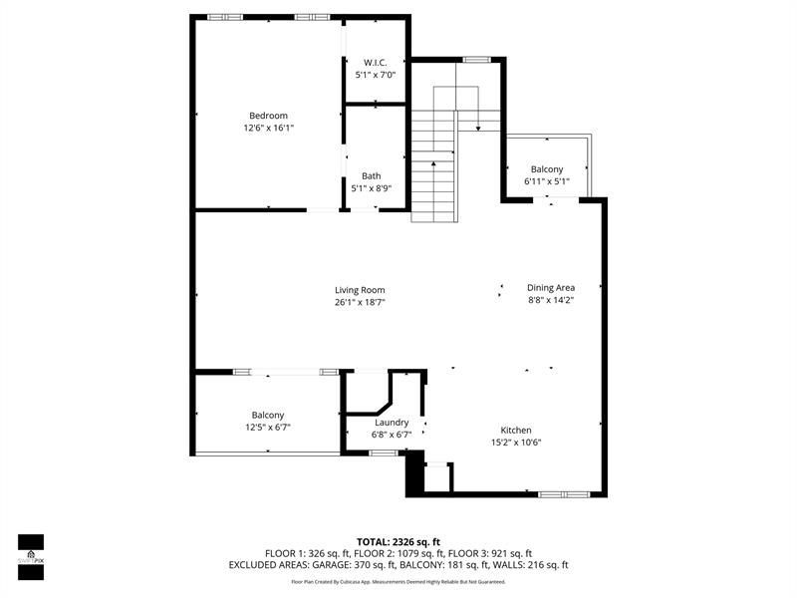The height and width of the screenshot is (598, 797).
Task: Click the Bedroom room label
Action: pos(268,116)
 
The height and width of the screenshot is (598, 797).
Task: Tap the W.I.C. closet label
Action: pos(375,63)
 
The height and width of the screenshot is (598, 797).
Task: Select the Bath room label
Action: pos(371,176)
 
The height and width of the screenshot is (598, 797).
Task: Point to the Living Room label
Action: pos(360,290)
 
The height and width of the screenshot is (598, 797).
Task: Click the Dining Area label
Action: pos(551,288)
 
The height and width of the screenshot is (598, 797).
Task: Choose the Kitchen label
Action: pos(516,431)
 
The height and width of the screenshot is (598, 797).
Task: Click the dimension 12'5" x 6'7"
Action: pos(268,427)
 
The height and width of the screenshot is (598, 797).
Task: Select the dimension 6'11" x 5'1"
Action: pos(547,181)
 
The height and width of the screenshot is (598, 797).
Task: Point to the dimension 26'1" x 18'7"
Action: pos(360,302)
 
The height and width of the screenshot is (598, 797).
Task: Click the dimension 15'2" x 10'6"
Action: pos(516,443)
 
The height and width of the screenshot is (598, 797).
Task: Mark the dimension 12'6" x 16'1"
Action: pos(268,128)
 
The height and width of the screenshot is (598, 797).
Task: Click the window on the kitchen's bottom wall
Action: pos(564,493)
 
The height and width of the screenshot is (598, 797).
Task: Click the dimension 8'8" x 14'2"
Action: pos(551,300)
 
